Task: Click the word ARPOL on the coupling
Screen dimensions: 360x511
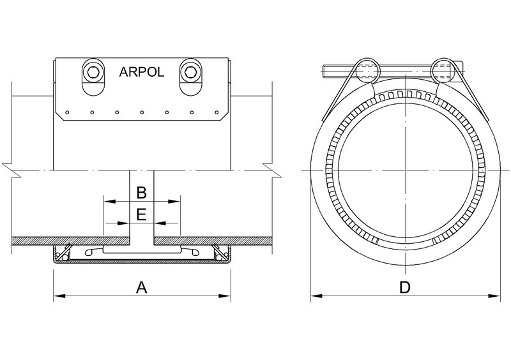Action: [x=141, y=72]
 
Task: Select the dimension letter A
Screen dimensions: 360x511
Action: [x=141, y=288]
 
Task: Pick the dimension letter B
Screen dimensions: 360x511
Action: [x=142, y=192]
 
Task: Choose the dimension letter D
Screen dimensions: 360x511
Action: [x=404, y=288]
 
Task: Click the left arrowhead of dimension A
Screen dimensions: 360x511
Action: [x=57, y=296]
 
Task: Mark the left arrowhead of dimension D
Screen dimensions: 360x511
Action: [x=316, y=296]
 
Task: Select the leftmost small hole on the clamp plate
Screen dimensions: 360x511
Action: [x=67, y=114]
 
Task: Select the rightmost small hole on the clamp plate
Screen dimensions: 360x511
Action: [x=216, y=114]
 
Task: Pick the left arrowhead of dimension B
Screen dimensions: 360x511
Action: [x=109, y=201]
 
